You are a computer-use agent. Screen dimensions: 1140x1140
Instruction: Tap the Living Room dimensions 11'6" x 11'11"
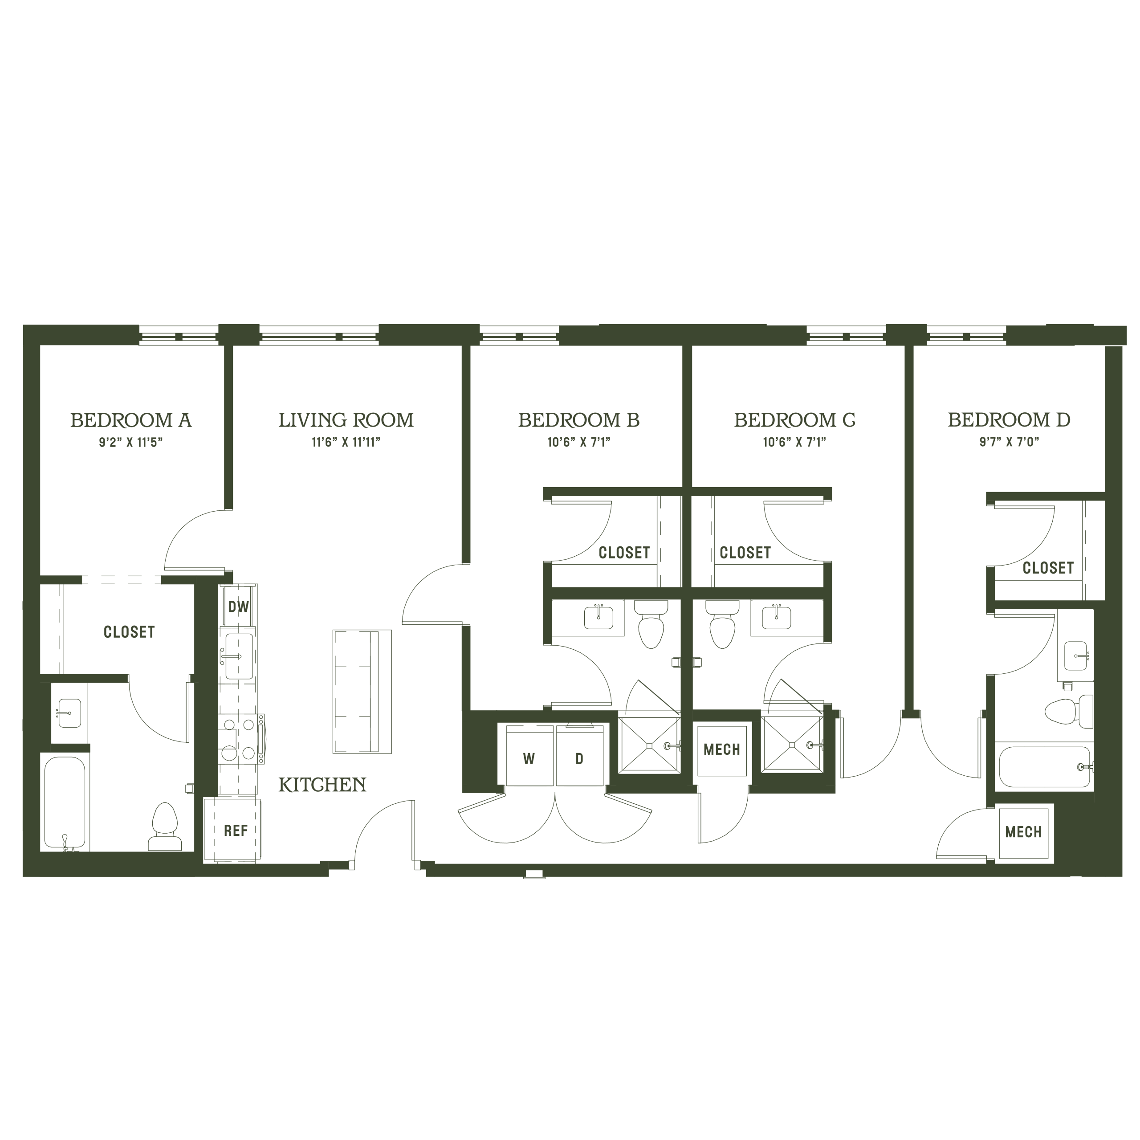point(346,443)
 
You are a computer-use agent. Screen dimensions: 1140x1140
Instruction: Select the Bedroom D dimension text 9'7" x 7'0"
point(1009,443)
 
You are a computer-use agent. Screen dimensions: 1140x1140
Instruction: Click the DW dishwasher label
point(238,606)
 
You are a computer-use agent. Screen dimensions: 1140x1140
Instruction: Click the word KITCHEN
point(322,785)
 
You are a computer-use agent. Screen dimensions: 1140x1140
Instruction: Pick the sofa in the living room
point(362,692)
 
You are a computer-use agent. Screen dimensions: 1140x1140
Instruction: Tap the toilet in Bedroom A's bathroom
point(165,826)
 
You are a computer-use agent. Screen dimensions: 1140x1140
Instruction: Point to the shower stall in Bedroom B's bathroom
point(649,746)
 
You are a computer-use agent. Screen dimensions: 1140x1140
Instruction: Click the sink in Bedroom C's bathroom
point(777,617)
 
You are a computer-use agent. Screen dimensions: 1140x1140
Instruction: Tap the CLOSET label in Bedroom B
point(624,553)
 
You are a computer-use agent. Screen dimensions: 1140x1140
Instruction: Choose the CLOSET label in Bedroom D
point(1048,568)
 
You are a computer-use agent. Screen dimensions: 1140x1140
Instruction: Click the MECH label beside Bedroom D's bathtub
point(1023,832)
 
